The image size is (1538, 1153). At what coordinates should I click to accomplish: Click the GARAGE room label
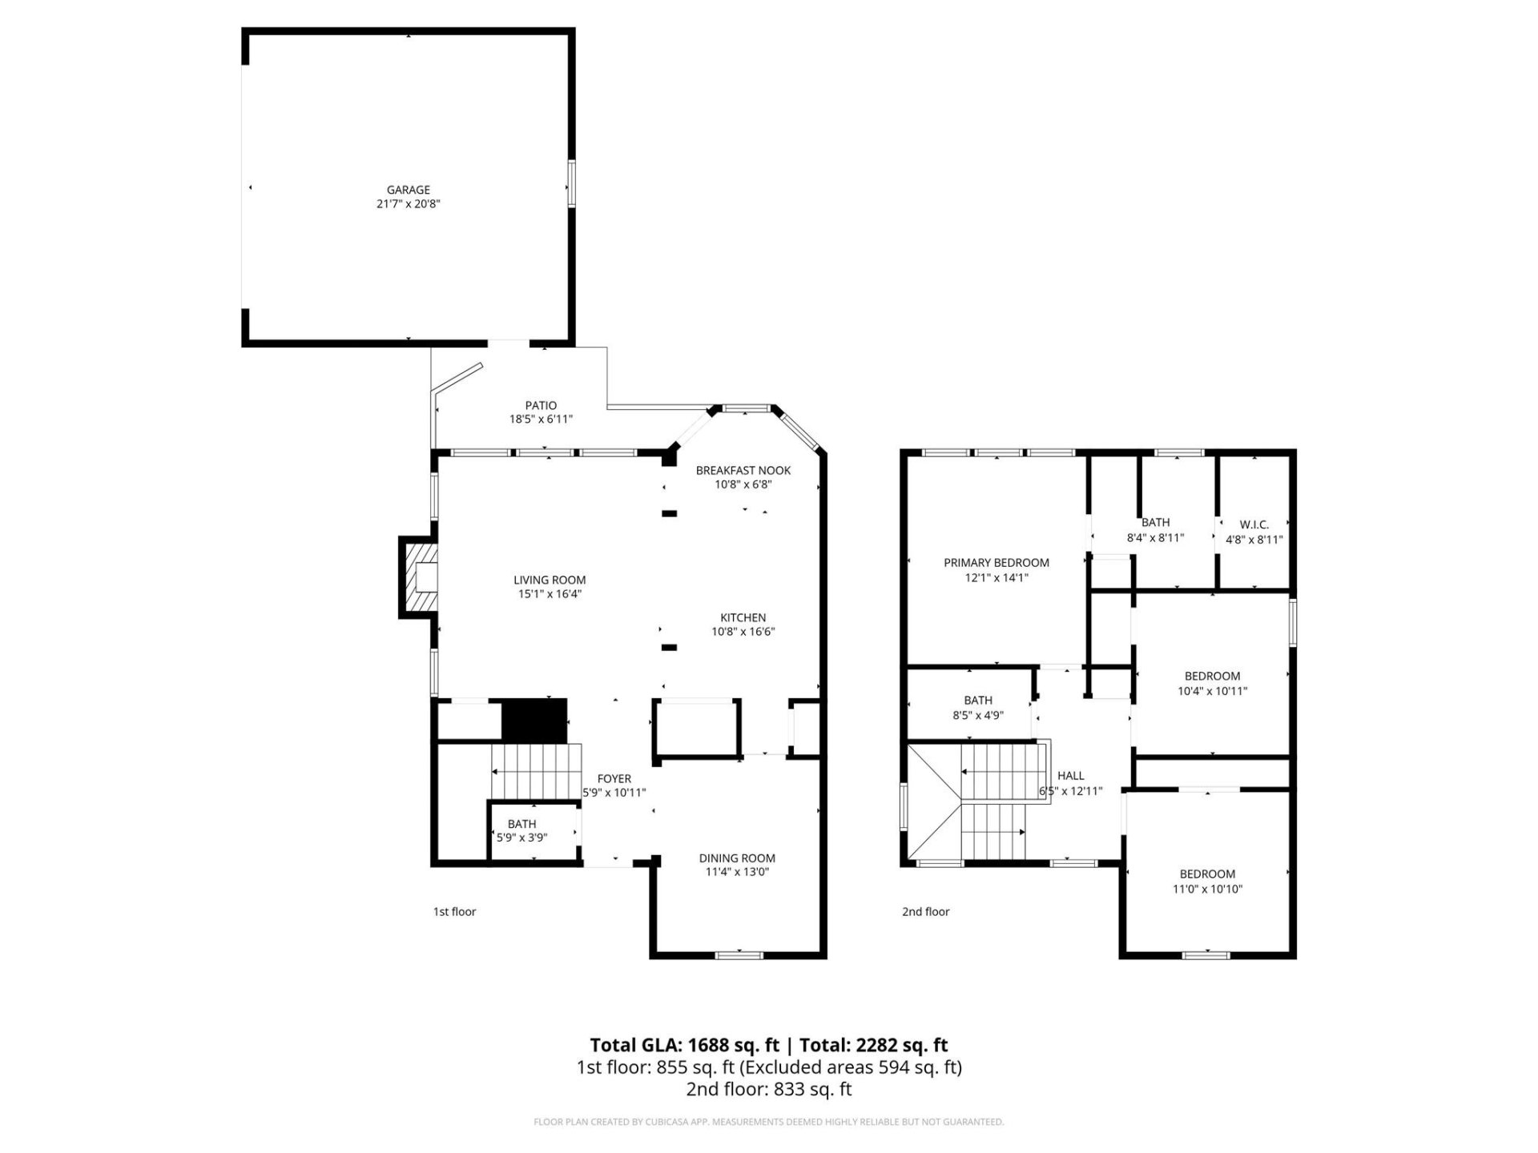click(x=409, y=190)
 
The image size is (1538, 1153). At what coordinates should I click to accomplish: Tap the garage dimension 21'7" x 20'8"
click(x=409, y=204)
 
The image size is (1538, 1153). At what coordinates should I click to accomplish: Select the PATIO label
click(x=541, y=405)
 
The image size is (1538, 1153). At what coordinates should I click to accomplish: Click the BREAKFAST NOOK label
click(x=743, y=470)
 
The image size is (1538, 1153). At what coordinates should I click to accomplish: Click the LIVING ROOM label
click(x=550, y=580)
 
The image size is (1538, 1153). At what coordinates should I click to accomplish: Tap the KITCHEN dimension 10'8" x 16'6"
click(x=743, y=632)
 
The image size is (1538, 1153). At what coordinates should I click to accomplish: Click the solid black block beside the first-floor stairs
click(x=533, y=720)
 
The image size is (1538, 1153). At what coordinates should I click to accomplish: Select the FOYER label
click(x=614, y=778)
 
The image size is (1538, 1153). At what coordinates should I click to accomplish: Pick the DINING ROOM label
click(x=737, y=858)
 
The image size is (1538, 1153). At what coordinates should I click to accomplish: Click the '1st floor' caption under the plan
click(x=454, y=911)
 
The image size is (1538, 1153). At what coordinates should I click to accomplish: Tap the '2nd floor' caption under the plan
click(x=925, y=911)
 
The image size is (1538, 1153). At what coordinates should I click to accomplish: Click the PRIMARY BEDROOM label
click(x=996, y=563)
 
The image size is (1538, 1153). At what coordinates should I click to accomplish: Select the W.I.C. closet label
click(x=1254, y=524)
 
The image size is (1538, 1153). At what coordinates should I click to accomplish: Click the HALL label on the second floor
click(x=1070, y=775)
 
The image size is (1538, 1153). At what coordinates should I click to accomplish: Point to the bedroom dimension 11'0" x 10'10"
click(x=1207, y=889)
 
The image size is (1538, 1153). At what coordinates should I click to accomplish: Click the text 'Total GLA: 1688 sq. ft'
click(x=684, y=1045)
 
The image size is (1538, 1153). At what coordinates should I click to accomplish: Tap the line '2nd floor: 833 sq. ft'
click(x=768, y=1089)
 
